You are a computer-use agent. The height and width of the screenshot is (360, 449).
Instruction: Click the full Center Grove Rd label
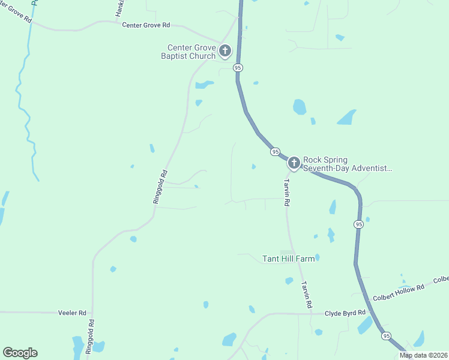(x=146, y=25)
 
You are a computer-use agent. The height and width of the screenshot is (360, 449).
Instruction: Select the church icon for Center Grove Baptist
(x=225, y=51)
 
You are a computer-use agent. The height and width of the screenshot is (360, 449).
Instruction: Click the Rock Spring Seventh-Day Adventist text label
(x=347, y=164)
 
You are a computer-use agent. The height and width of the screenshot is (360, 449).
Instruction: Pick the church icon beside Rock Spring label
(x=294, y=163)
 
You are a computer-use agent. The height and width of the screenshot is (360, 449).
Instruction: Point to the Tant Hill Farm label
(x=289, y=259)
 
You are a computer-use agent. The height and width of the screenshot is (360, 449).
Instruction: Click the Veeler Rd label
(x=72, y=313)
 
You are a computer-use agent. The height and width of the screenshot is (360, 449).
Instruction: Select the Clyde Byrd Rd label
(x=345, y=313)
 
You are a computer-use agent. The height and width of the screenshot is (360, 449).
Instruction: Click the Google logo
(x=20, y=353)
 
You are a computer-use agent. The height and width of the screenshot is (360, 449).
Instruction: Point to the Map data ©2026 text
(x=423, y=355)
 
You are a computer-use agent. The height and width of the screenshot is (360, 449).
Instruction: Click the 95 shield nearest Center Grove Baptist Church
(x=238, y=68)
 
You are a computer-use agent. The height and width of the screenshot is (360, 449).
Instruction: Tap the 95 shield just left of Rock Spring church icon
(x=275, y=152)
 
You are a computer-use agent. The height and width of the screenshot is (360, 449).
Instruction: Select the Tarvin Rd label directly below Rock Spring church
(x=287, y=193)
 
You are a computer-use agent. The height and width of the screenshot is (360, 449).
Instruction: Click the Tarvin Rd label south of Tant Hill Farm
(x=306, y=295)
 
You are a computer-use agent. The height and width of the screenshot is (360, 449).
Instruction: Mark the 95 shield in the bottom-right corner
(x=385, y=337)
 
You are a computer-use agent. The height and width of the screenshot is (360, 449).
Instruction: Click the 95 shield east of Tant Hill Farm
(x=358, y=224)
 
